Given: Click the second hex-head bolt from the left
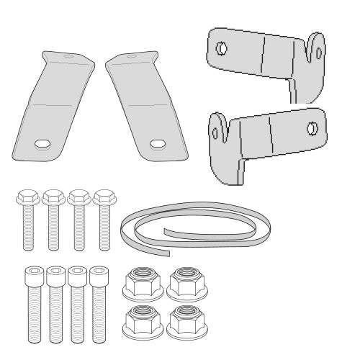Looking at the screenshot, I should point(51,220).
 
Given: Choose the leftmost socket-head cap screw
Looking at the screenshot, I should point(31,303).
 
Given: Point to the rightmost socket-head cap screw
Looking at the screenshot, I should point(96,303).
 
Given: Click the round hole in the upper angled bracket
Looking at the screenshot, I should point(222,48).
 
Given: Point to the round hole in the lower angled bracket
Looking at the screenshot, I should point(312,128).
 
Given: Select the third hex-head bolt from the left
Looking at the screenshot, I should point(78,220).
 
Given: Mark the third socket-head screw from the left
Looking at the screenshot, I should point(75,303).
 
